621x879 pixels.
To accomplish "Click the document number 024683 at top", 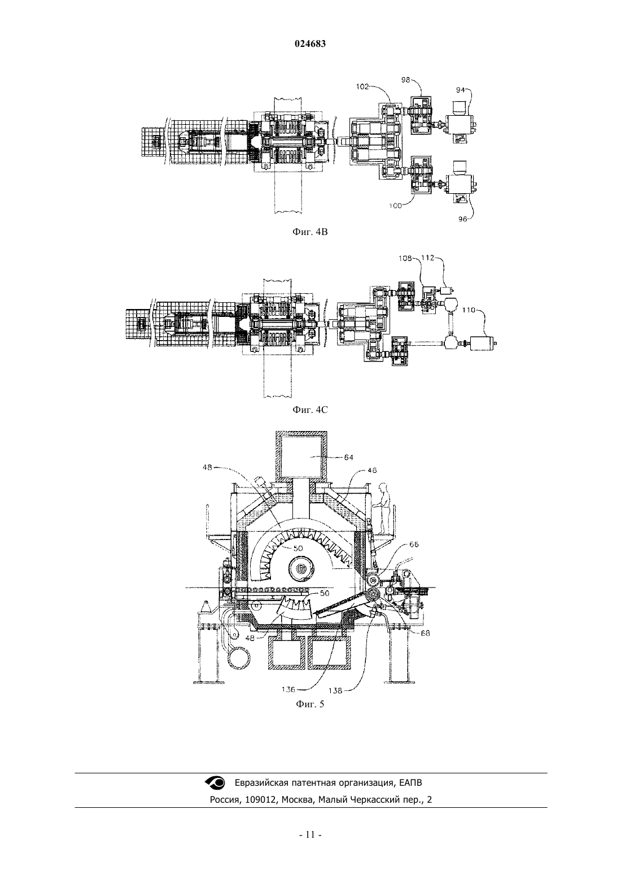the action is tap(310, 44).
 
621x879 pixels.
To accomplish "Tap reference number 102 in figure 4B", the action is tap(362, 87).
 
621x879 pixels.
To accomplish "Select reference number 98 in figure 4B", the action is tap(405, 80).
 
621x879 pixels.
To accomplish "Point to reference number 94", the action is tap(460, 90).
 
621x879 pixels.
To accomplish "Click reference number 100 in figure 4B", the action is tap(396, 205).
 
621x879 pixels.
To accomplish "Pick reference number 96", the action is tap(462, 219).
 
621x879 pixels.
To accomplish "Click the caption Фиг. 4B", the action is tap(310, 232).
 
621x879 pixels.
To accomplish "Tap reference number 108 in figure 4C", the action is tap(405, 258).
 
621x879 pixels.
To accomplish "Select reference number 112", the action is tap(428, 258).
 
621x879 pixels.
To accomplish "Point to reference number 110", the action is tap(469, 310).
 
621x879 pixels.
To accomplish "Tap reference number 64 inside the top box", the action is tap(349, 457).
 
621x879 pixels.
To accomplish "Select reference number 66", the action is tap(414, 544).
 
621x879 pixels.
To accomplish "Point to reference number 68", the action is tap(425, 633).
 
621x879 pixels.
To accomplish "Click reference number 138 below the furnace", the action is tap(335, 691).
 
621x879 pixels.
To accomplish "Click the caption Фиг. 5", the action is tap(310, 704).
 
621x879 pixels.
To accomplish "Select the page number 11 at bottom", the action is tap(310, 835).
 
